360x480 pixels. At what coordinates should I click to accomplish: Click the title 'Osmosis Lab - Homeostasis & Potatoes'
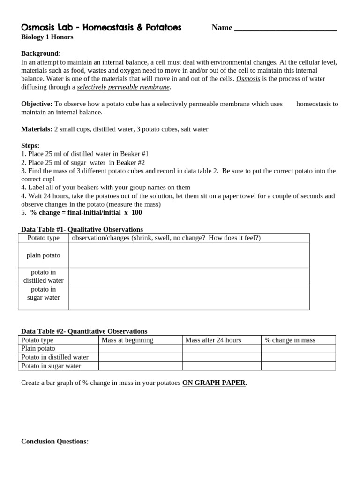point(101,28)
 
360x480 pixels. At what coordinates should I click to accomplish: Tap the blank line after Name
point(285,28)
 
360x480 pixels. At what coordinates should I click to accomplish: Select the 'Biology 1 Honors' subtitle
point(47,37)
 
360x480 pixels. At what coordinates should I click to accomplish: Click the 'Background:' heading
point(41,54)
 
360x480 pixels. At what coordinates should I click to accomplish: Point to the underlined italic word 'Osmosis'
point(248,79)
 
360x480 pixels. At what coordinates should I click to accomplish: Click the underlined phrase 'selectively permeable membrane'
point(123,87)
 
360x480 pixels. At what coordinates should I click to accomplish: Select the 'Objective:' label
point(37,104)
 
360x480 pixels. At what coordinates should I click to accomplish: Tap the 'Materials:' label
point(37,129)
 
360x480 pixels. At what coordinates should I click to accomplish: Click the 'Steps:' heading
point(30,146)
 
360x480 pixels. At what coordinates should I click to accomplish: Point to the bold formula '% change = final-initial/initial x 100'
point(86,212)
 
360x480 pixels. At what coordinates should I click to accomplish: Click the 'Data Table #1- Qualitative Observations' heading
point(82,229)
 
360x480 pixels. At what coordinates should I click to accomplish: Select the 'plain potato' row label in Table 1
point(43,255)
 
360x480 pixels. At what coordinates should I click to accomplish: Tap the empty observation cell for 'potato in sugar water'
point(189,297)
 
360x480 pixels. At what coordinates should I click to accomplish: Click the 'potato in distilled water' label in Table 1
point(43,276)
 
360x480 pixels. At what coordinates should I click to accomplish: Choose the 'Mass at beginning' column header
point(127,340)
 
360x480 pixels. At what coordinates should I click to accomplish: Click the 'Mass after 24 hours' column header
point(213,340)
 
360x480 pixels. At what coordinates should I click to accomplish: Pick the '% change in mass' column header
point(290,340)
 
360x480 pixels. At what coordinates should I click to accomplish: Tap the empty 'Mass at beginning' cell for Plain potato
point(140,348)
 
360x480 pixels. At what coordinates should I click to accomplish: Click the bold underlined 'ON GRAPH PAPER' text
point(214,382)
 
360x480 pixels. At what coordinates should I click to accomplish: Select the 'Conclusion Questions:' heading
point(55,441)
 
